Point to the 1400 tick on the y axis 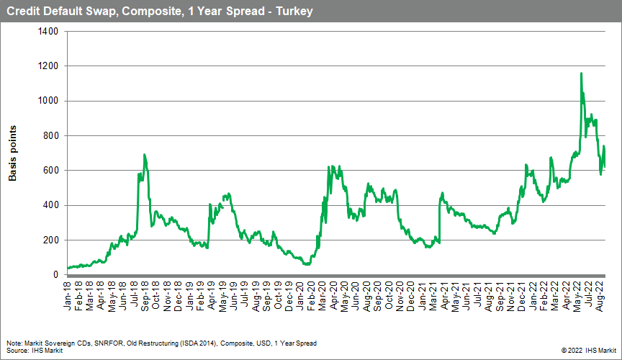[x=47, y=32]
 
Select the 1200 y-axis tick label [x=47, y=66]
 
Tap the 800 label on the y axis [x=50, y=136]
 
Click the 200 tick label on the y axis [x=50, y=240]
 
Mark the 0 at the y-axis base [x=55, y=275]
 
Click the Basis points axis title [x=13, y=153]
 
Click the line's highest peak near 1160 [x=581, y=73]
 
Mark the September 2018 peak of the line [x=145, y=155]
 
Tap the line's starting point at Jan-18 [x=68, y=269]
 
